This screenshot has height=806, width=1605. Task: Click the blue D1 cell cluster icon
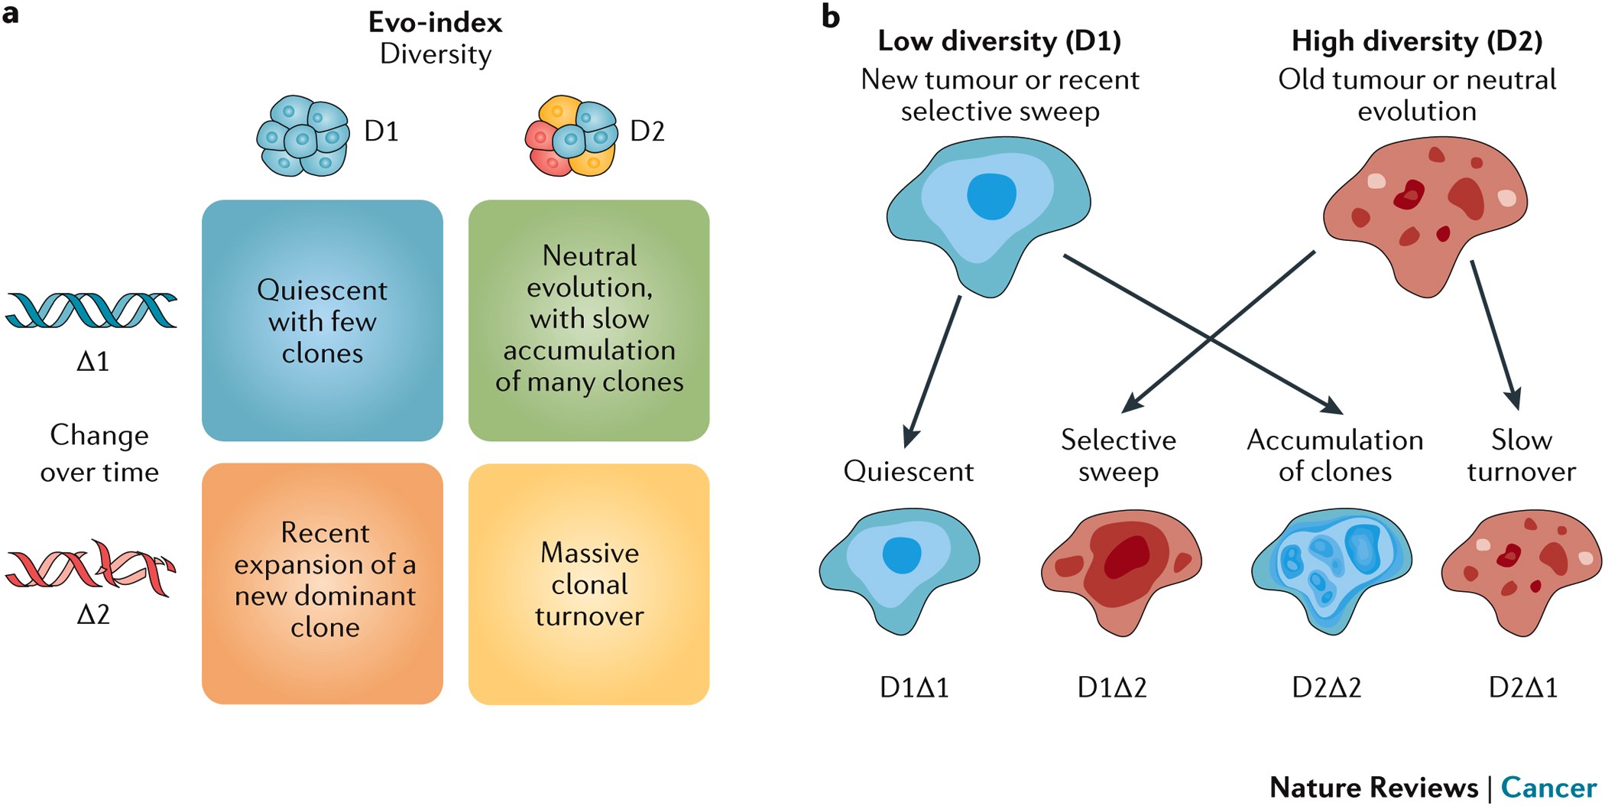coord(303,136)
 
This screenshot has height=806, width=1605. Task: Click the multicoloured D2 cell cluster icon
coord(571,136)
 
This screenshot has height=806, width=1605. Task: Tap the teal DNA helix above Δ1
coord(92,310)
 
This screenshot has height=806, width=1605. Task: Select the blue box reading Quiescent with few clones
coord(322,320)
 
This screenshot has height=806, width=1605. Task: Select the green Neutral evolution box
coord(588,320)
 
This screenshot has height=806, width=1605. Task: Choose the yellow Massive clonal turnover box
coord(588,583)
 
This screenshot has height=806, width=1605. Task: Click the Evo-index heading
coord(435,22)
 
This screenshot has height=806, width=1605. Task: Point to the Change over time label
coord(99,453)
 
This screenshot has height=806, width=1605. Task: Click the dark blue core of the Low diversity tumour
coord(991,197)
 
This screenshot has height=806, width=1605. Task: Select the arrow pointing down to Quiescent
coord(932,371)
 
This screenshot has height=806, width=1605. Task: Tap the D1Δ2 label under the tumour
coord(1111,687)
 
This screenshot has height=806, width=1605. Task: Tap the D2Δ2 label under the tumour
coord(1326,687)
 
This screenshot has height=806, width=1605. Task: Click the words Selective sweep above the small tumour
coord(1118,455)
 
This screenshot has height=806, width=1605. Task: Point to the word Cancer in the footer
coord(1548,787)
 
